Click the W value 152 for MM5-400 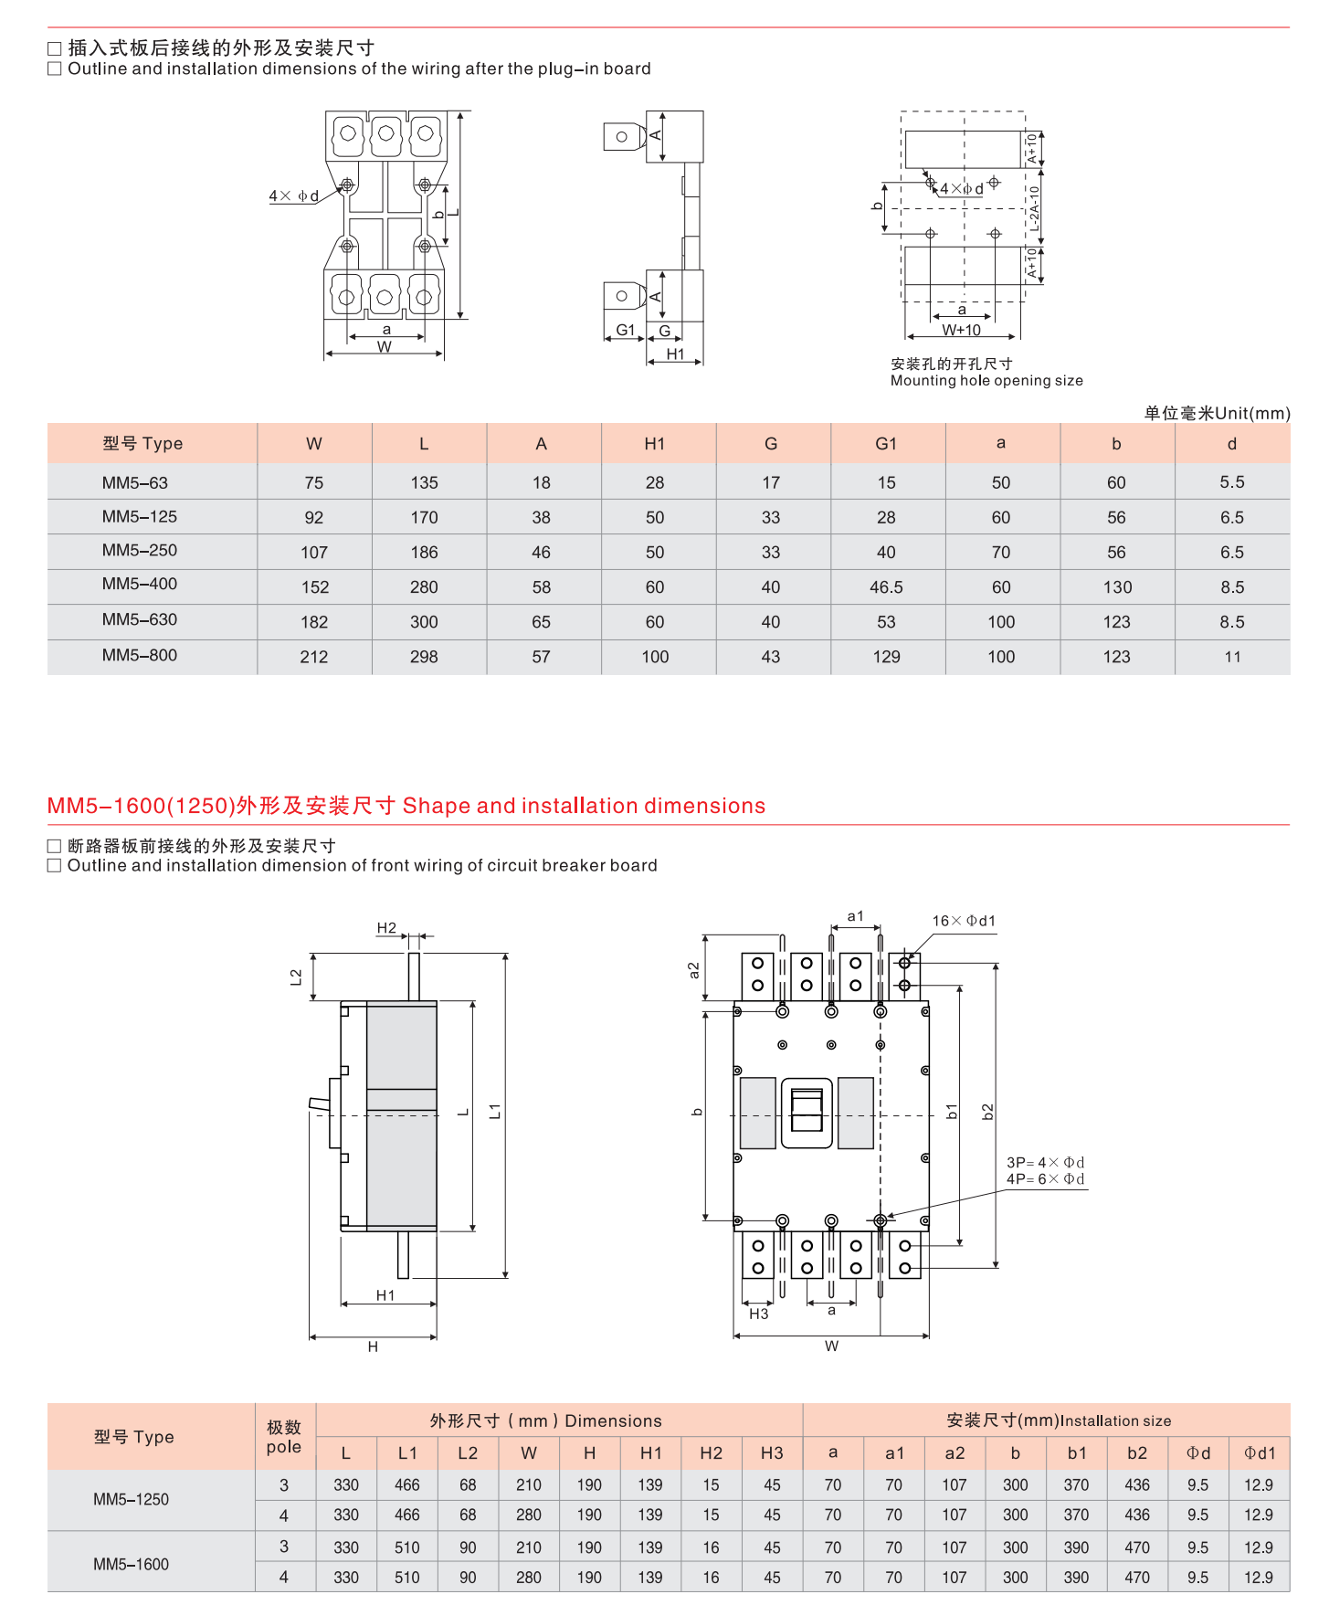[314, 587]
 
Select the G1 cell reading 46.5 [886, 587]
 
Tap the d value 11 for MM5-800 [1232, 657]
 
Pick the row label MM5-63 [135, 482]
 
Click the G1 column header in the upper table [886, 444]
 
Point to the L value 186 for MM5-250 [424, 553]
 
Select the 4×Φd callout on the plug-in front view [293, 196]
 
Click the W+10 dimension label [961, 330]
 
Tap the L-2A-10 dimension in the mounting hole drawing [1034, 209]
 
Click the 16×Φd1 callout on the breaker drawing [964, 921]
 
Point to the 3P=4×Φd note [1045, 1163]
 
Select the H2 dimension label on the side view [386, 928]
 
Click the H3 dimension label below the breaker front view [758, 1314]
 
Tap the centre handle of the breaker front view [807, 1112]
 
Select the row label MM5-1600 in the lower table [131, 1564]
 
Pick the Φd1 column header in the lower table [1259, 1452]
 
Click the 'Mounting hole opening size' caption [986, 381]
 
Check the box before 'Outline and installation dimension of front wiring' [55, 865]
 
